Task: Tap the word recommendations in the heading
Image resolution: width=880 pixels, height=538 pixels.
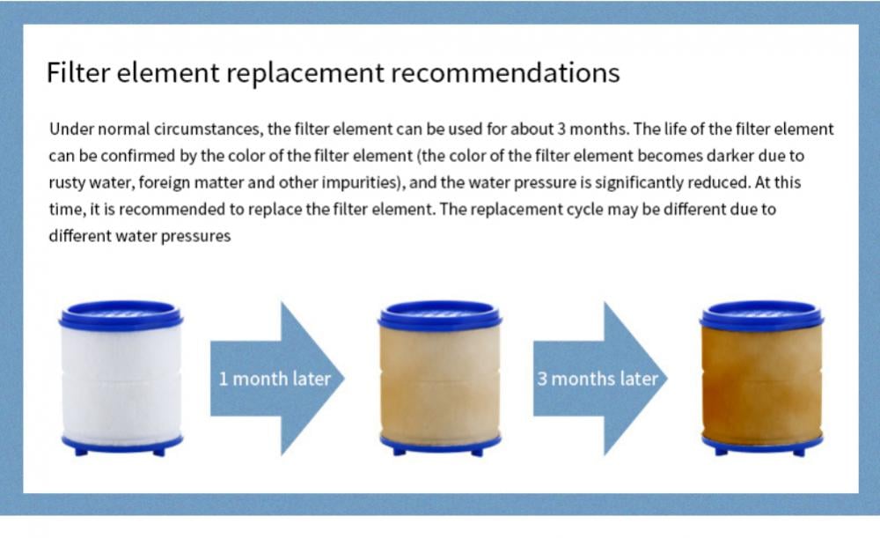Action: [x=505, y=72]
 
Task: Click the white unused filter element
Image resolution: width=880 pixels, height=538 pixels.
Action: [x=121, y=378]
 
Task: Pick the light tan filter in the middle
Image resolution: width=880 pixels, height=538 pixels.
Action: [x=440, y=378]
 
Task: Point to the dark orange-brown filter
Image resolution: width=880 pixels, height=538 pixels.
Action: [x=761, y=378]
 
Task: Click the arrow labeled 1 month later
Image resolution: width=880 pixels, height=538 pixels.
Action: [x=277, y=379]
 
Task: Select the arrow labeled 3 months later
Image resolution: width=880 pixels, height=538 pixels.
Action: [x=600, y=379]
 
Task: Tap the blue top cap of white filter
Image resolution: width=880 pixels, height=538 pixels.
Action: [x=121, y=315]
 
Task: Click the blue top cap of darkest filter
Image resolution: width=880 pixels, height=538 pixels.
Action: [x=761, y=315]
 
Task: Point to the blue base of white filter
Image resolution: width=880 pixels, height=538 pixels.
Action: [x=121, y=445]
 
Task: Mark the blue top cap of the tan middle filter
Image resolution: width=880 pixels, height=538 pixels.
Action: [x=440, y=315]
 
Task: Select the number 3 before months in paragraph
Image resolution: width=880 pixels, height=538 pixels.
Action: [x=561, y=129]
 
